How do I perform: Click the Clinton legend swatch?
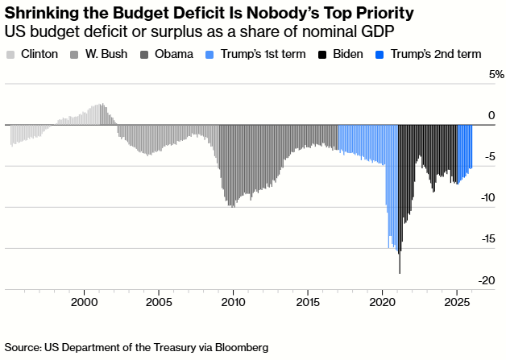tap(10, 55)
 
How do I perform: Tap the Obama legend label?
tap(172, 55)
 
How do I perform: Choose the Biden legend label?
tap(345, 55)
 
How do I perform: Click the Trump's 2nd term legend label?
tap(435, 55)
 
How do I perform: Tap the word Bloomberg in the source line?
tap(238, 347)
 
